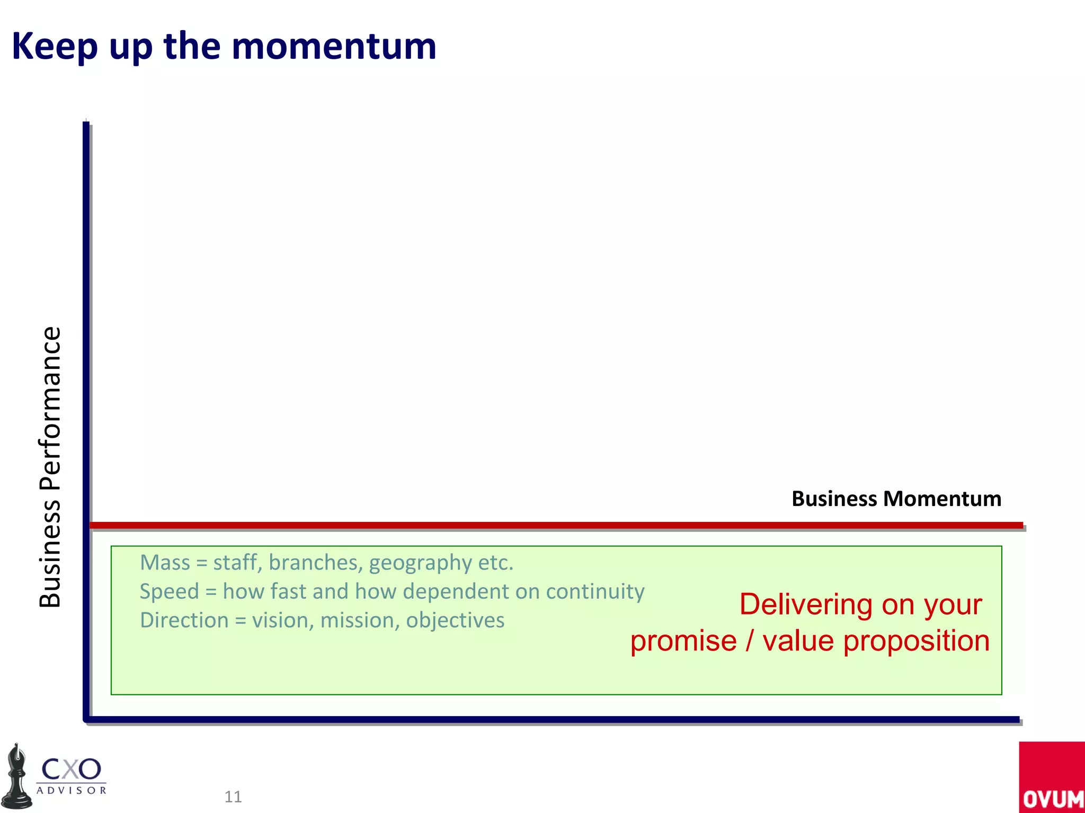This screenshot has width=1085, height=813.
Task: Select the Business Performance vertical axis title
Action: [x=50, y=467]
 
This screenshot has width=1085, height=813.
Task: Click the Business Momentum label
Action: [x=896, y=499]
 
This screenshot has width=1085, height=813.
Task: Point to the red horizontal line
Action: [x=556, y=525]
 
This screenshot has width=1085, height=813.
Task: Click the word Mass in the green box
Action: [x=165, y=563]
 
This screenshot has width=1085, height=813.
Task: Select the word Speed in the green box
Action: [x=169, y=591]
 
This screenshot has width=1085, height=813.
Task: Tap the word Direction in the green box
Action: [x=184, y=620]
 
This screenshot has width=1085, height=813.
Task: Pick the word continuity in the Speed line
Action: [x=595, y=591]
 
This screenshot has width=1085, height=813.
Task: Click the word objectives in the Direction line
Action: [x=455, y=620]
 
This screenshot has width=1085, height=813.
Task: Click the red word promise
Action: [x=683, y=641]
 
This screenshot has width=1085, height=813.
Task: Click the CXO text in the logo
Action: [x=71, y=769]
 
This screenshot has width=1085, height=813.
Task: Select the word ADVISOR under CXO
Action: [x=72, y=791]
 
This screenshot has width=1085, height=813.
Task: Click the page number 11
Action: [x=233, y=797]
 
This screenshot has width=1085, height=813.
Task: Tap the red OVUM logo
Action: [x=1052, y=777]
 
